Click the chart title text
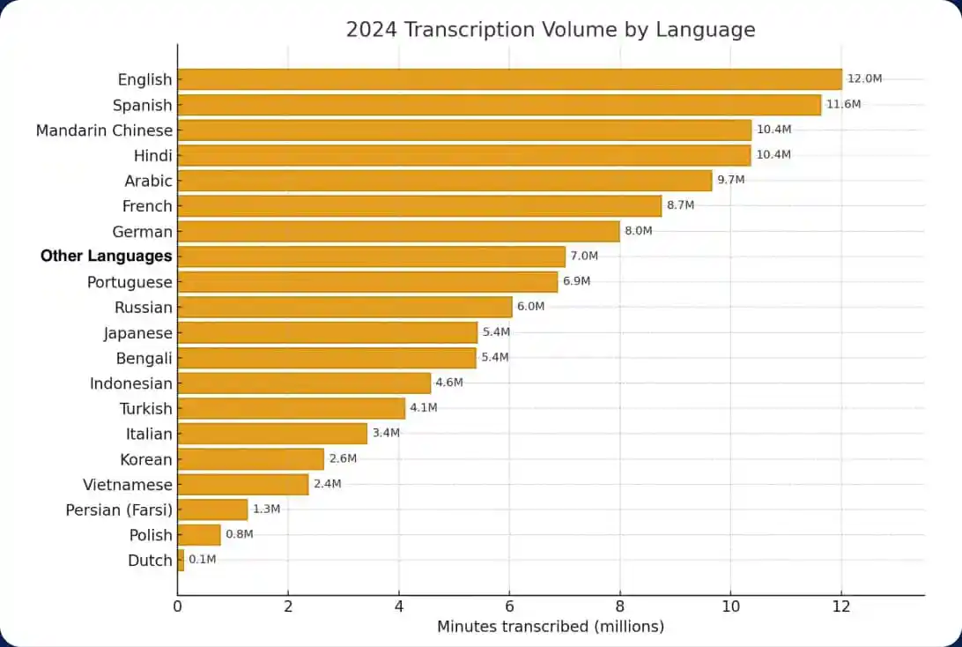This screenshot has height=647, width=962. pos(551,29)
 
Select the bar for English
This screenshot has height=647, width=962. pos(509,79)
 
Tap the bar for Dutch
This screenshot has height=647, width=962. pos(181,560)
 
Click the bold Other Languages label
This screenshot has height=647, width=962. pos(106,257)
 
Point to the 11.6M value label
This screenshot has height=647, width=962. pos(843,104)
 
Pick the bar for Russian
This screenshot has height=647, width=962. pos(344,307)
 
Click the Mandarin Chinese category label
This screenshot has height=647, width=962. pos(104,130)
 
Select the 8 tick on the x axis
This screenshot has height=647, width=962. pos(619,606)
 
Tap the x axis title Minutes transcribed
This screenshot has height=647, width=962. pos(551,627)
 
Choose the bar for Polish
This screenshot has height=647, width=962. pos(199,534)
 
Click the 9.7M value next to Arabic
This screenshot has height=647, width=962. pos(730,180)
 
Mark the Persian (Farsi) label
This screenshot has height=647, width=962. pos(119,509)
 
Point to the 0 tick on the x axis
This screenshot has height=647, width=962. pos(178,606)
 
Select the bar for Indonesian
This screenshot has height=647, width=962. pos(304,383)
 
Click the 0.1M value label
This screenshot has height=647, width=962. pos(202,560)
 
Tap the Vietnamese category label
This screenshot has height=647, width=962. pos(128,484)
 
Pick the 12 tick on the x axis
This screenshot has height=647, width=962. pos(841,606)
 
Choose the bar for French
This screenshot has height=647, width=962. pos(419,205)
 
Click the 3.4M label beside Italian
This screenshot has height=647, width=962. pos(386,433)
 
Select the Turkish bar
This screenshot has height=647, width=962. pos(291,408)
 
